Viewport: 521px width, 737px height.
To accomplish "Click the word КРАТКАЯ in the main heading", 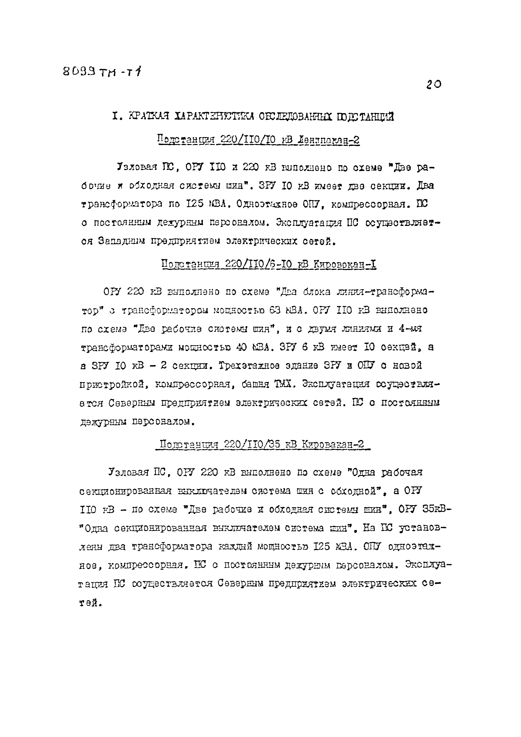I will tap(148, 116).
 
